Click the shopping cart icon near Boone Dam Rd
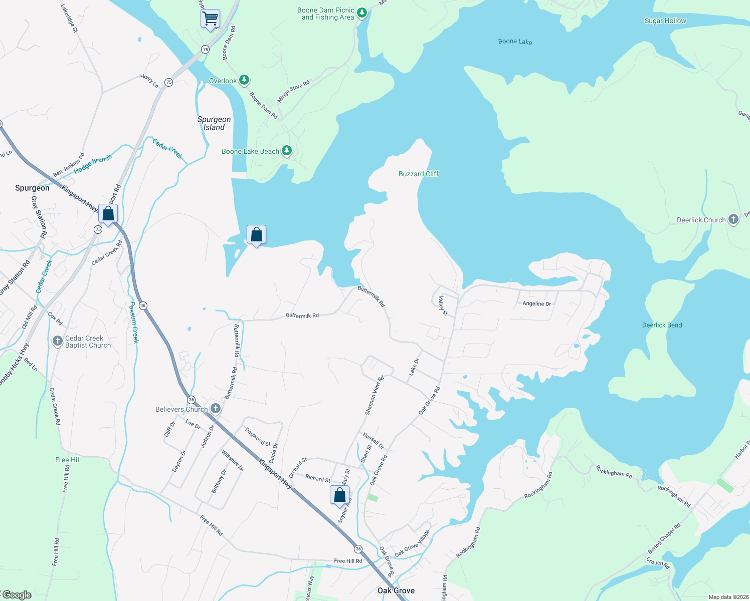(210, 19)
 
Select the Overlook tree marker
(244, 80)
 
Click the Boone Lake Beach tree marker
(286, 151)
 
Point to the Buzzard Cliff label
(418, 174)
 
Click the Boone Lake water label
(515, 42)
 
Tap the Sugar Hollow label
(665, 21)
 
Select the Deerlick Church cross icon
(733, 219)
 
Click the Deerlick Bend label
(662, 325)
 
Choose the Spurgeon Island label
(214, 123)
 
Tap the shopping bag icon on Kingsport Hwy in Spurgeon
(108, 214)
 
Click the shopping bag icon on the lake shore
(256, 234)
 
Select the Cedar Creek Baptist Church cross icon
(58, 342)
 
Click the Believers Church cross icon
(215, 409)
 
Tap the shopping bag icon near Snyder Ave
(339, 495)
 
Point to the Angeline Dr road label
(536, 304)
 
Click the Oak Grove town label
(396, 590)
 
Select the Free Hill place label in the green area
(68, 460)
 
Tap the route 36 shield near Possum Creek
(143, 306)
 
